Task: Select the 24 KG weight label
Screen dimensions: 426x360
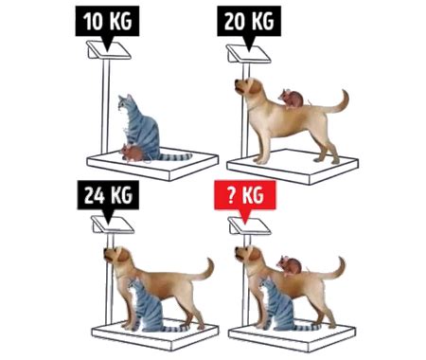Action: click(108, 196)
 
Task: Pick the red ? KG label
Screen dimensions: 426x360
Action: click(245, 196)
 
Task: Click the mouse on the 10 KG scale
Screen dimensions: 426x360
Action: click(132, 153)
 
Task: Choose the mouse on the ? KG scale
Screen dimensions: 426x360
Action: click(290, 266)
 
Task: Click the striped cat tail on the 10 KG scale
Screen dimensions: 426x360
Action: click(175, 156)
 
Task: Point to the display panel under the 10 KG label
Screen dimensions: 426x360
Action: click(109, 50)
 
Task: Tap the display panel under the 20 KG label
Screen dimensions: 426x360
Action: click(248, 54)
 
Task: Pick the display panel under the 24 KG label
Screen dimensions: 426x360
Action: click(113, 225)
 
